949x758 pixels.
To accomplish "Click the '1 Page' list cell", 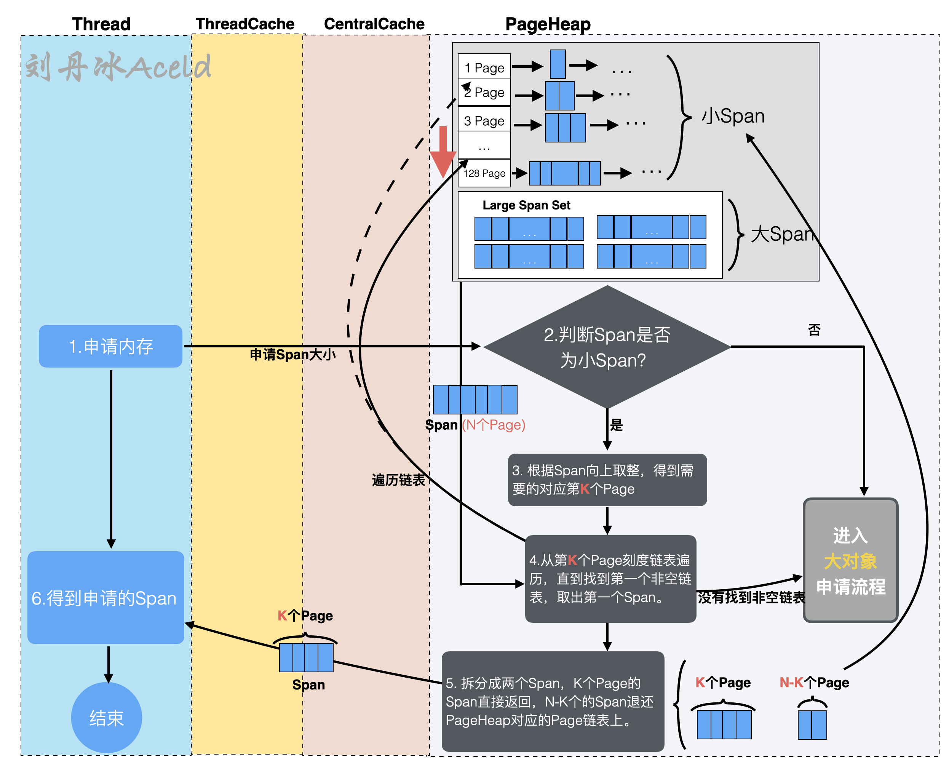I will click(484, 67).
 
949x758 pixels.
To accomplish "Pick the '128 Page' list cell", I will click(484, 173).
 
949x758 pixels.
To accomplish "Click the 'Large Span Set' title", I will click(526, 205).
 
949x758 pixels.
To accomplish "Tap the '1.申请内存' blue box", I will click(110, 346).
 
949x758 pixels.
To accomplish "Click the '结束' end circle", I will click(107, 718).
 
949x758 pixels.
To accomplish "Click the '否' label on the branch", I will click(814, 330).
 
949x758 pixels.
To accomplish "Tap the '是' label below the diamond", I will click(616, 425).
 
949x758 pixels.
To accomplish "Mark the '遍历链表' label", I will click(398, 480).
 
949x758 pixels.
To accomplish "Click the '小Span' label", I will click(733, 116).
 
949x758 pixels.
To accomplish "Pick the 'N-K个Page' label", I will click(814, 682).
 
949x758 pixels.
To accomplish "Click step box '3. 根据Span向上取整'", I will click(607, 480).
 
